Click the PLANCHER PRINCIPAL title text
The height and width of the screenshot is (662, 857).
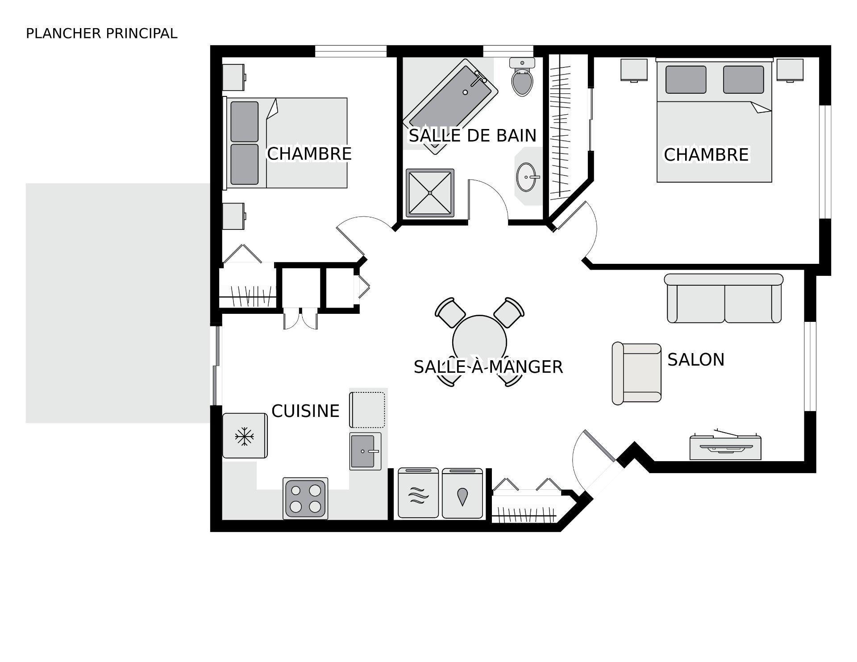coord(101,33)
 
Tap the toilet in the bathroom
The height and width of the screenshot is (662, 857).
coord(522,80)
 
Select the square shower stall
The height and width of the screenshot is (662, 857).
coord(429,193)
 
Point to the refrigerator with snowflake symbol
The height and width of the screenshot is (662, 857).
coord(245,436)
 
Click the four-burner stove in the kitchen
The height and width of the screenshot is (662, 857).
coord(305,499)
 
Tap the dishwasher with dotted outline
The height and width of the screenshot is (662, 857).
coord(367,409)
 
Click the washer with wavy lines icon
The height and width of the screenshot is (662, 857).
coord(418,493)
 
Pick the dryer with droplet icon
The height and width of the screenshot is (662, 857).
coord(462,493)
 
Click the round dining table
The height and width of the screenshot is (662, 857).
coord(479,341)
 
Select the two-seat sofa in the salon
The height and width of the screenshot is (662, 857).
coord(724,299)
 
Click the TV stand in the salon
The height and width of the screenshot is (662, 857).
coord(725,447)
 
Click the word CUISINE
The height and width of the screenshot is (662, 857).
coord(305,411)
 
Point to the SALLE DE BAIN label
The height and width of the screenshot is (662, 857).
coord(472,136)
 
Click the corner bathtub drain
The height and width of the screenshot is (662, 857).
coord(465,92)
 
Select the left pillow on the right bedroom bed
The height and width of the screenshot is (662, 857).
coord(686,79)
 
